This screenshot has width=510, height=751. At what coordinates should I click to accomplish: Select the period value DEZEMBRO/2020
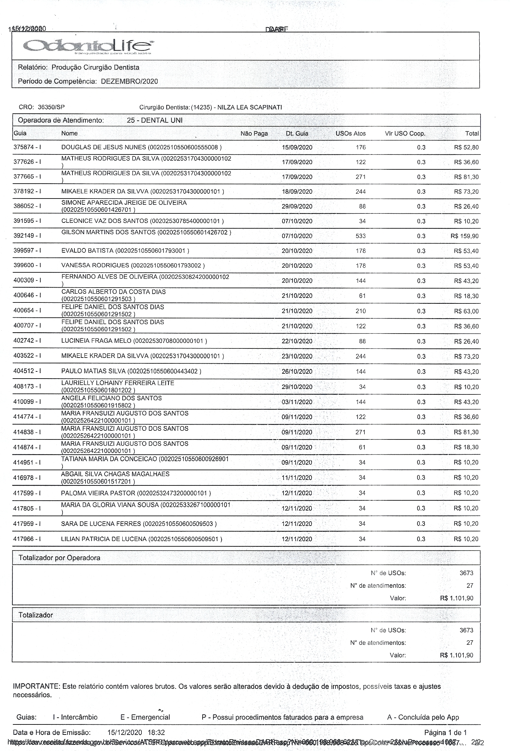tap(129, 81)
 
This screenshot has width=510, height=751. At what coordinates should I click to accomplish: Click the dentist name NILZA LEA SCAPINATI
tap(249, 107)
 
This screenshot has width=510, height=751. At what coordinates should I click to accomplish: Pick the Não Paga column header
tap(254, 133)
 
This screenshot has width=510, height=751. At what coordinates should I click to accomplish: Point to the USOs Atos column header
tap(350, 133)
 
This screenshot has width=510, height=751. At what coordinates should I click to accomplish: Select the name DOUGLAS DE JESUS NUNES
tap(104, 147)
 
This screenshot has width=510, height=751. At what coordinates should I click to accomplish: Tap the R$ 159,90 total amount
tap(464, 236)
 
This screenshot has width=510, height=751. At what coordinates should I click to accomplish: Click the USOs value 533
tap(360, 236)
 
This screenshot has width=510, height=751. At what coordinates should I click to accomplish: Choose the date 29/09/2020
tap(297, 206)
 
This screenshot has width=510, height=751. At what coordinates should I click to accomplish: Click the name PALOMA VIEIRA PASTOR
tap(98, 493)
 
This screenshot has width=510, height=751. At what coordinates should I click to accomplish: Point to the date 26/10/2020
tap(297, 371)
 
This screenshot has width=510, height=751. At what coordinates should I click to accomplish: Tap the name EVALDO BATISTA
tap(87, 251)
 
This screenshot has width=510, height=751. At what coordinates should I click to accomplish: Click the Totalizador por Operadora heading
tap(59, 558)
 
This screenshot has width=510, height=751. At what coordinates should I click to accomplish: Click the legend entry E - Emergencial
tap(145, 717)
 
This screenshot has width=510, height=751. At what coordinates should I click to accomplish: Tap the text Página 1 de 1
tap(445, 733)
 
